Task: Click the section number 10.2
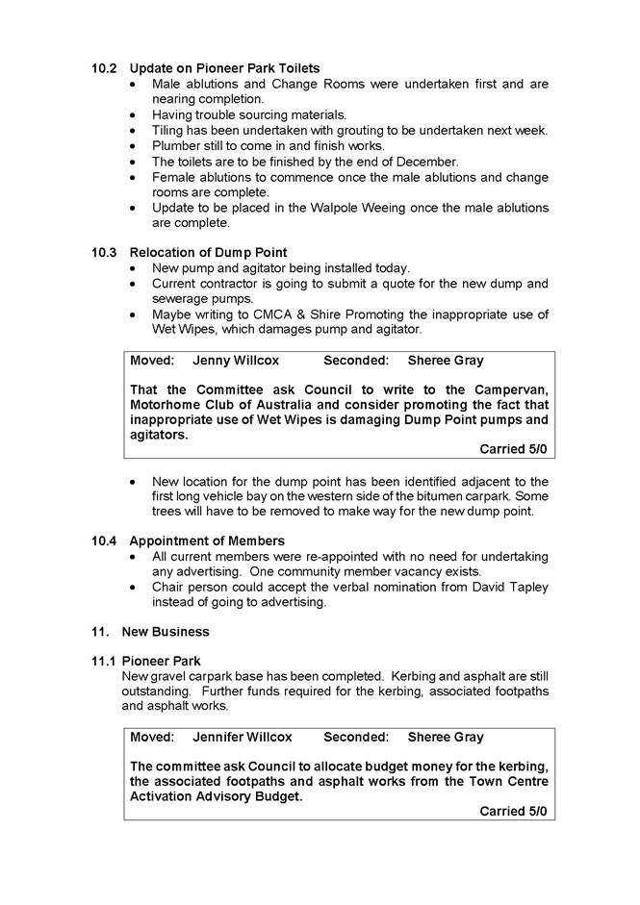point(104,68)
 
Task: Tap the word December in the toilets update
point(428,162)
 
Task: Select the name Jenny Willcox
point(236,361)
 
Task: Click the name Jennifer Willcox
point(242,737)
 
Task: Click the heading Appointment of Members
point(207,541)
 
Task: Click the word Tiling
point(169,131)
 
